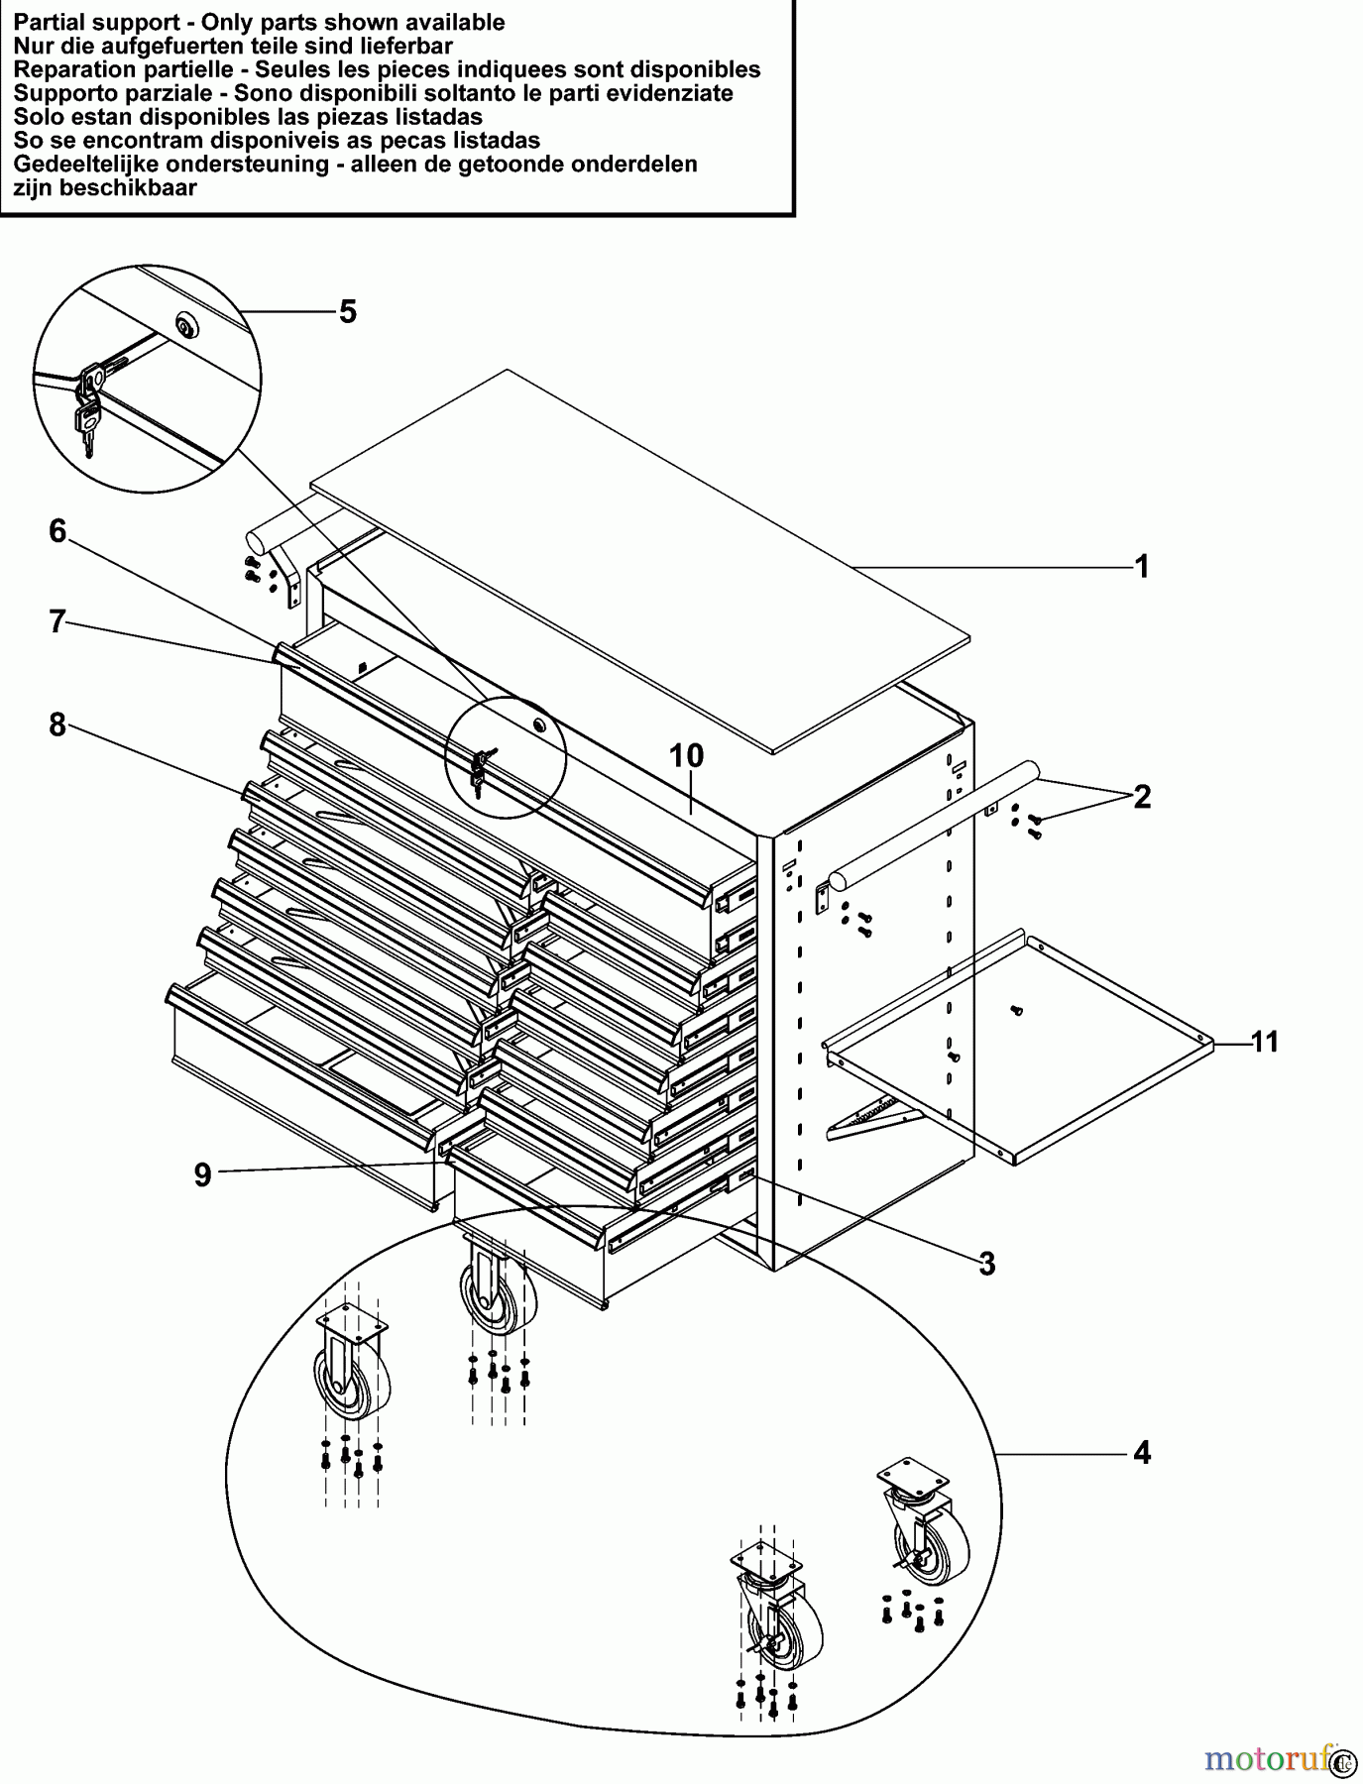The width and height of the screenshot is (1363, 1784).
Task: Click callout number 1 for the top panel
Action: [x=1141, y=567]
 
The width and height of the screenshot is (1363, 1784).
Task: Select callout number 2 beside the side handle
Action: [x=1142, y=797]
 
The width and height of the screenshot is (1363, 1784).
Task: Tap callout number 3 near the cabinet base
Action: [x=986, y=1264]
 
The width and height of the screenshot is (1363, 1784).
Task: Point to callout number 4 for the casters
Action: [x=1142, y=1453]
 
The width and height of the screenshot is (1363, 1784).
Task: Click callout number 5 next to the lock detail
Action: [x=347, y=312]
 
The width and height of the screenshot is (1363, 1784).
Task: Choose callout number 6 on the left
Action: [x=57, y=532]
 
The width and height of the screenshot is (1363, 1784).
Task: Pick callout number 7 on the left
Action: [x=57, y=622]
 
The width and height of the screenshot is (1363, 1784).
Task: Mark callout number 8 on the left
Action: [x=57, y=725]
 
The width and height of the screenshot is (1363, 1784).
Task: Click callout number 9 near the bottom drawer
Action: [x=202, y=1175]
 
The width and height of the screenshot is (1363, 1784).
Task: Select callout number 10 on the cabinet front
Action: [x=686, y=756]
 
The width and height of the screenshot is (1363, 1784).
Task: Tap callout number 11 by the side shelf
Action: [x=1264, y=1042]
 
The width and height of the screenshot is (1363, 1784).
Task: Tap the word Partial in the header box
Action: [x=49, y=22]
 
